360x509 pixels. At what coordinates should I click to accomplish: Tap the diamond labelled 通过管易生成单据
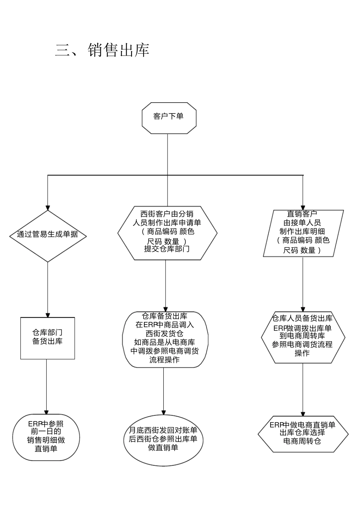coord(48,235)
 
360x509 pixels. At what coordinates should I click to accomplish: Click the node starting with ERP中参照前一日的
coord(46,437)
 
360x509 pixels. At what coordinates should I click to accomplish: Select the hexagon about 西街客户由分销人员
coord(167,233)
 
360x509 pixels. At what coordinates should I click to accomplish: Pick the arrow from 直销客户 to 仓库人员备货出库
coord(303,284)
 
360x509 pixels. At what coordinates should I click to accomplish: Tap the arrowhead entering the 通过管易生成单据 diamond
coord(48,207)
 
